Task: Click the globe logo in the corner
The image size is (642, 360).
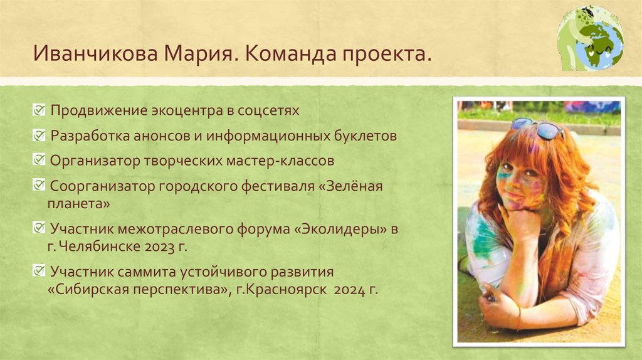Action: coord(591,38)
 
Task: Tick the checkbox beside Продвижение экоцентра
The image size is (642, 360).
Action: coord(39,110)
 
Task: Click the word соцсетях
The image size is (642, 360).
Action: coord(268,111)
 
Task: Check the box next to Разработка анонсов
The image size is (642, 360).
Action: coord(39,135)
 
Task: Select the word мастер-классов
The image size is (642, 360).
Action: coord(288,161)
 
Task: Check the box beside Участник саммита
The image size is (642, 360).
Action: coord(39,272)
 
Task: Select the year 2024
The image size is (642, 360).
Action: coord(349,290)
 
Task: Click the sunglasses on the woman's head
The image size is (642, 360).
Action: coord(537,127)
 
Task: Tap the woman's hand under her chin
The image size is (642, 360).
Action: coord(521,223)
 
